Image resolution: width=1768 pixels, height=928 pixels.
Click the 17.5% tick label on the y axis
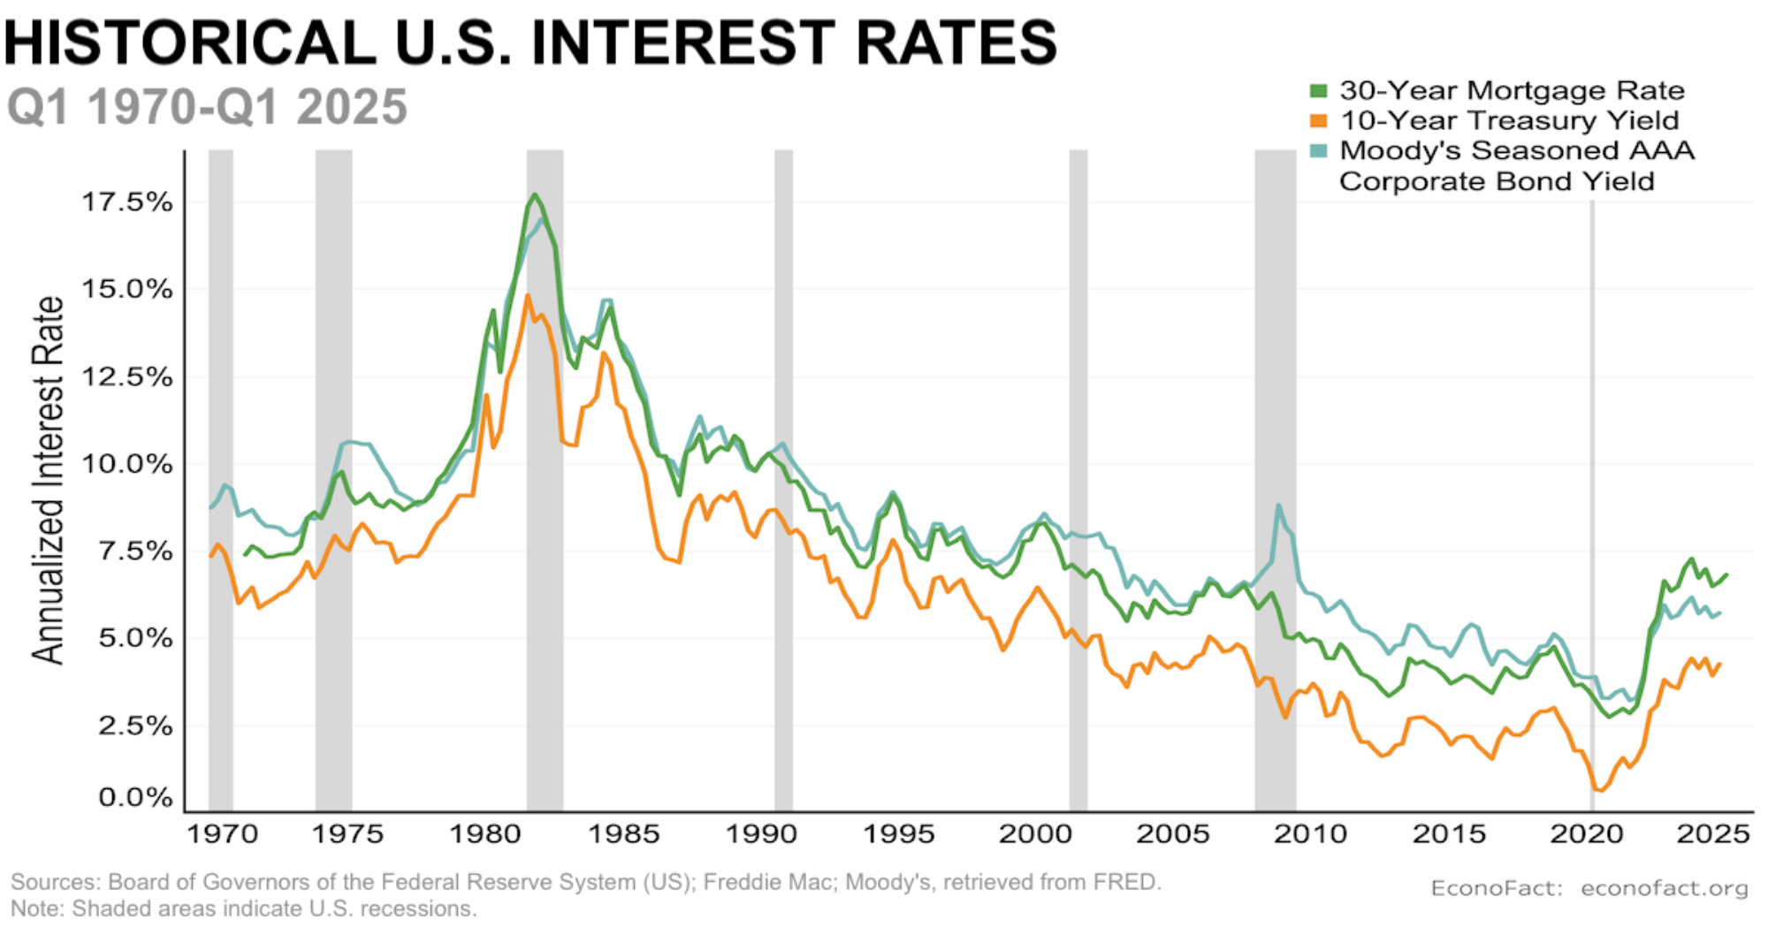[x=126, y=202]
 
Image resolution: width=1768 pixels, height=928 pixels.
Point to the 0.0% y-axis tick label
[x=134, y=798]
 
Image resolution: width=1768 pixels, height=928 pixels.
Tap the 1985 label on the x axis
[x=624, y=834]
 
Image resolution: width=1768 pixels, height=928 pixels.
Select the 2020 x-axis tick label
[x=1587, y=834]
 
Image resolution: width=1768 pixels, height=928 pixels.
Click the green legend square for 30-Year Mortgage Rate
[x=1319, y=91]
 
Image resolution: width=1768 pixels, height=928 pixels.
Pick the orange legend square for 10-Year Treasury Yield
[x=1319, y=121]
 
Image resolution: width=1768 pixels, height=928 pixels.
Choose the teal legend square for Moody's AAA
[x=1319, y=151]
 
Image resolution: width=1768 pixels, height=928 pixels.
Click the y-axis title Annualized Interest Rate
[x=49, y=480]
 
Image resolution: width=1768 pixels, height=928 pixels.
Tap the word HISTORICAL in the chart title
[x=190, y=42]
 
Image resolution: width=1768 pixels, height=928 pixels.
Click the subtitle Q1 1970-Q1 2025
[x=207, y=107]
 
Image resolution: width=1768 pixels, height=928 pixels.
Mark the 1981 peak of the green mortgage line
[x=535, y=194]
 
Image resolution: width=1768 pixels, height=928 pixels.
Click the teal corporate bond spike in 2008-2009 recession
[x=1278, y=506]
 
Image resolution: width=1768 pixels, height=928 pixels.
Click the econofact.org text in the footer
[x=1664, y=888]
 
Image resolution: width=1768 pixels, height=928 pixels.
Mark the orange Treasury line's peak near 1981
[x=528, y=296]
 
